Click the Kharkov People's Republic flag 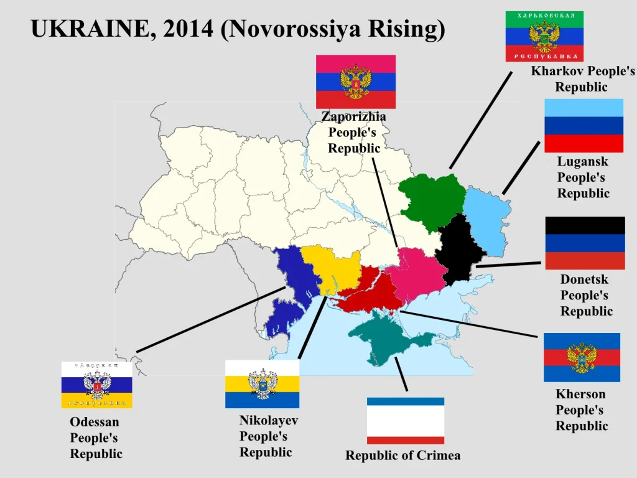pos(544,36)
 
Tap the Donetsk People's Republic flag pos(585,243)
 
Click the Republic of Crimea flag pos(406,420)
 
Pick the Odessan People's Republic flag pos(96,385)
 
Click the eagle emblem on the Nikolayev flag pos(262,383)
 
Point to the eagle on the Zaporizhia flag pos(356,81)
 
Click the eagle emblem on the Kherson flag pos(582,357)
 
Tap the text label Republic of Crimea pos(403,456)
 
